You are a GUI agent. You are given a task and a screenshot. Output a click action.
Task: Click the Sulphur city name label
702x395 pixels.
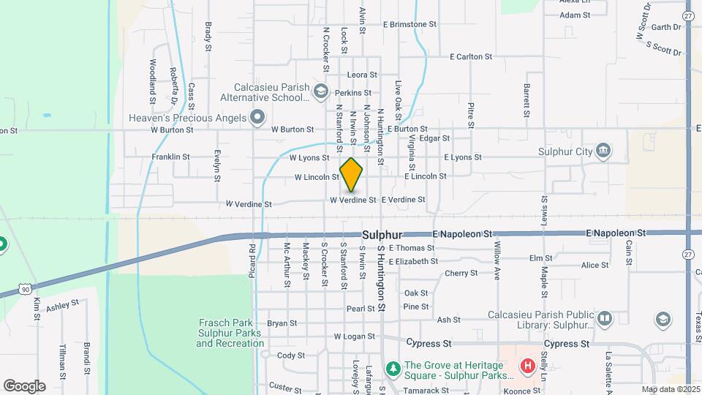pyautogui.click(x=382, y=235)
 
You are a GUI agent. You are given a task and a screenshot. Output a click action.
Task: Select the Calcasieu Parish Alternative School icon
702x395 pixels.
pyautogui.click(x=320, y=91)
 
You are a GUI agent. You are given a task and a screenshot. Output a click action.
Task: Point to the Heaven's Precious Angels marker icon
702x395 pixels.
pyautogui.click(x=257, y=117)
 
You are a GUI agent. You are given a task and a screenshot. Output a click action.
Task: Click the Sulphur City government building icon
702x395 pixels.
pyautogui.click(x=603, y=151)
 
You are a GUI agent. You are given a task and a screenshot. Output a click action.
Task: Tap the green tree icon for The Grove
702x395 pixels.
pyautogui.click(x=393, y=366)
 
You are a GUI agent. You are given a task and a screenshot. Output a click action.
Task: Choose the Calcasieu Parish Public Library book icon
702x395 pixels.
pyautogui.click(x=604, y=318)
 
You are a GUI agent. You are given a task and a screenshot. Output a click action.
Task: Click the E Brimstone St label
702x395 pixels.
pyautogui.click(x=409, y=24)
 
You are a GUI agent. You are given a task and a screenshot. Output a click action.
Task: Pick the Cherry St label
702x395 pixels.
pyautogui.click(x=461, y=273)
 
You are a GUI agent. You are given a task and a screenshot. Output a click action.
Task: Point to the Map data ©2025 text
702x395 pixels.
pyautogui.click(x=671, y=389)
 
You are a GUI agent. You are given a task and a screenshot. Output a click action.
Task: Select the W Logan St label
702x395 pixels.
pyautogui.click(x=354, y=336)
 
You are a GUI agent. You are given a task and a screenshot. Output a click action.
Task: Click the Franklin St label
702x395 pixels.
pyautogui.click(x=170, y=157)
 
